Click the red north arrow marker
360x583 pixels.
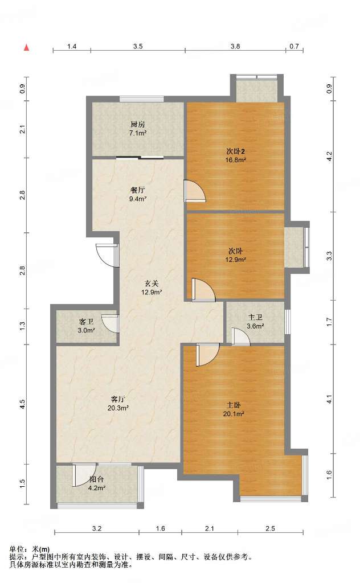coord(26,47)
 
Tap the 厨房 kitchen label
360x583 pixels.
coord(138,124)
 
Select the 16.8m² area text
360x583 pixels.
coord(235,160)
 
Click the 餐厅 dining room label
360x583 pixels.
coord(138,190)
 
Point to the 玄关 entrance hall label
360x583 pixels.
coord(152,284)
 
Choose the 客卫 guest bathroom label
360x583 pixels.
coord(86,322)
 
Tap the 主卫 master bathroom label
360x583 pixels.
coord(256,318)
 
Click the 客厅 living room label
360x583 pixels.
coord(118,399)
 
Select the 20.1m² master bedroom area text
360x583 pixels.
coord(234,413)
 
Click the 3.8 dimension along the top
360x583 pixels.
coord(235,47)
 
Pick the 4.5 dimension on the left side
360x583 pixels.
coord(23,404)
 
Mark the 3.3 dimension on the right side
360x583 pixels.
coord(329,256)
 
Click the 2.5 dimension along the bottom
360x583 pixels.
coord(271,528)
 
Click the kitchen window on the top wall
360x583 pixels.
coord(141,99)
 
